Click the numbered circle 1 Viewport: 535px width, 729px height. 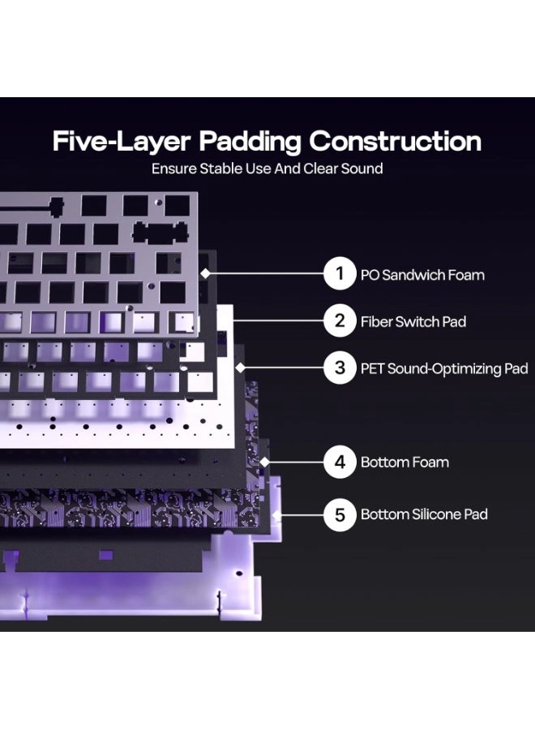[x=340, y=274]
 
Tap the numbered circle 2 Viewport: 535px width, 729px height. [x=340, y=321]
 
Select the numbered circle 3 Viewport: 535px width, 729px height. [x=340, y=368]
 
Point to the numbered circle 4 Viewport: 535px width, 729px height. [x=340, y=463]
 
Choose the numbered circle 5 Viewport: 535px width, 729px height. [x=340, y=514]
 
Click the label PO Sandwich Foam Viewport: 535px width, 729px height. [x=422, y=275]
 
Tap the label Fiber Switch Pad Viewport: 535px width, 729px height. [x=413, y=322]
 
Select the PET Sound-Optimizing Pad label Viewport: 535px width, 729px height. [x=444, y=369]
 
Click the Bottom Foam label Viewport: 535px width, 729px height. [x=404, y=463]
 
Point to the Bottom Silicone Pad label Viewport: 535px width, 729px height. [x=424, y=514]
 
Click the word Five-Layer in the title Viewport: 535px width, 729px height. [x=122, y=142]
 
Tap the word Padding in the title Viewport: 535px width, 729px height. [x=250, y=142]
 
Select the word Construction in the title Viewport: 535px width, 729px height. [x=395, y=141]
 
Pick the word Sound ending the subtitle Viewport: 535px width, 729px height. [x=362, y=168]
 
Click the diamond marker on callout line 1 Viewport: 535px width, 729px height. [x=205, y=274]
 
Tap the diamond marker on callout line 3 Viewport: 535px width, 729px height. [x=240, y=368]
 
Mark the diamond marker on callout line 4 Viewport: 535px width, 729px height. [x=265, y=463]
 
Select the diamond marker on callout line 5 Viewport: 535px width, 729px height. [x=276, y=514]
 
